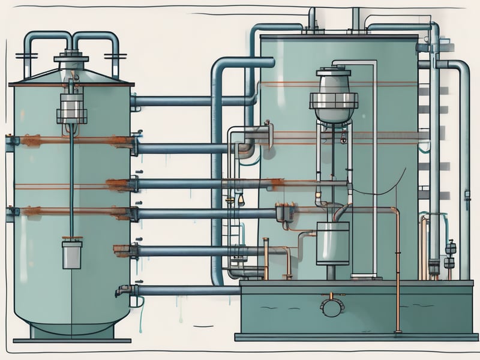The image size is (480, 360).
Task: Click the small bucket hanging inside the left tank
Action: (x=71, y=254)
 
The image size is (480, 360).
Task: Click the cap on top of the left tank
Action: (x=71, y=59)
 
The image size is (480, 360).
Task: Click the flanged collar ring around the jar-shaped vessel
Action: (x=334, y=101)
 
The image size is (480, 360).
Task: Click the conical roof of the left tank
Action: (x=71, y=77)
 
